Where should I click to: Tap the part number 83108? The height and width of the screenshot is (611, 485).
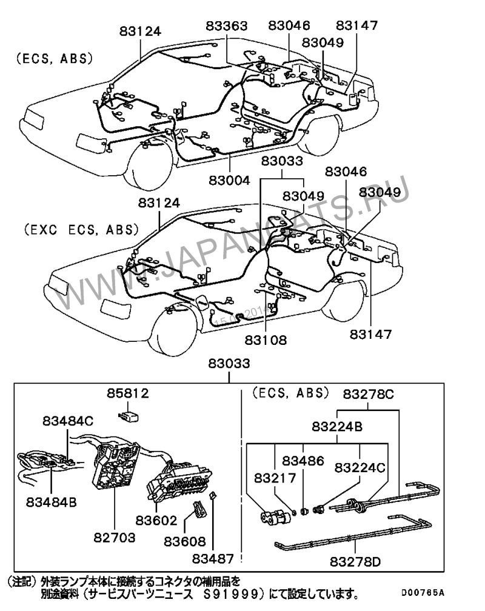(266, 339)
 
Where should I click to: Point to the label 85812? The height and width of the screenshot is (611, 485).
(128, 393)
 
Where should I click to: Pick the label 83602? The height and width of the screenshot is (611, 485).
(156, 520)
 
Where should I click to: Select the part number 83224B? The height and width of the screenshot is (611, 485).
(338, 427)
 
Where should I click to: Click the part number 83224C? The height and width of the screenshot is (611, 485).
(360, 468)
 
